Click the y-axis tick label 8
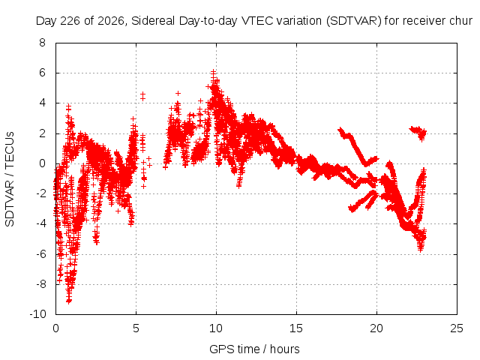42,43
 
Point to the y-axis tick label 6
42,73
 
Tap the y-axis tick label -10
38,314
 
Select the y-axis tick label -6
40,253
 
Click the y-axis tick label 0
42,163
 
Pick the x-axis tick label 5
136,328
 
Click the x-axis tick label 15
296,328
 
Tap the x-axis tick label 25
457,328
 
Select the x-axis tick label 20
376,328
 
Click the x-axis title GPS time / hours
254,349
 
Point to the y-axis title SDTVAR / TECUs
10,179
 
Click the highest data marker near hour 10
213,72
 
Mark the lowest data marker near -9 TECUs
69,301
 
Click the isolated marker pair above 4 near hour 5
142,96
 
